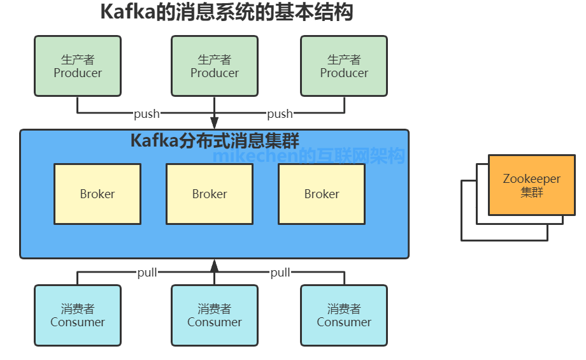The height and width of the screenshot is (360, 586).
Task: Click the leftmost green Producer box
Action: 78,66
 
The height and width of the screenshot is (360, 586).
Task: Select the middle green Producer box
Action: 215,66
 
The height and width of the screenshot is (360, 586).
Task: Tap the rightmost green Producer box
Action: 344,66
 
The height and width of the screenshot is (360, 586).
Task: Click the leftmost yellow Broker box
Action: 97,194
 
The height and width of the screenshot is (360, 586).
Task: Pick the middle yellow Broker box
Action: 210,194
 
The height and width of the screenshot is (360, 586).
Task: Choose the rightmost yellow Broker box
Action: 322,194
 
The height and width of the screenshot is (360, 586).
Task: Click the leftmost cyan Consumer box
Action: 78,315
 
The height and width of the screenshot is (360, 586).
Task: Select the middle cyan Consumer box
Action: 215,315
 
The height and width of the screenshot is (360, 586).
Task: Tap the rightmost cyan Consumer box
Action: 344,315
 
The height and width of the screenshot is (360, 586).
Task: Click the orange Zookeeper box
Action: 532,185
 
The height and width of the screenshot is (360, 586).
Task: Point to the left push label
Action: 146,114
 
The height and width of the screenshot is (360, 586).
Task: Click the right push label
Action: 280,114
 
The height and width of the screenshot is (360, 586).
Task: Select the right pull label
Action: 280,273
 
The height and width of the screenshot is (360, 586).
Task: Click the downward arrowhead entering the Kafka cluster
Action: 215,123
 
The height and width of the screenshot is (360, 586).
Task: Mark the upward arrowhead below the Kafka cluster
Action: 215,266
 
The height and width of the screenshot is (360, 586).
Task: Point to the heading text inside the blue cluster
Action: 215,141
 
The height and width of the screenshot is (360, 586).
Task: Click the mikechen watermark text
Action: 308,155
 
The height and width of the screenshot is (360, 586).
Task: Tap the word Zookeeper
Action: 532,179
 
